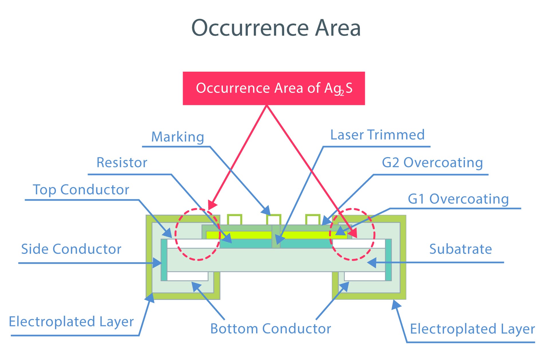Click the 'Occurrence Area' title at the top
point(276,28)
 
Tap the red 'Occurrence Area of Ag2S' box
point(274,88)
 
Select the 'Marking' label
point(178,137)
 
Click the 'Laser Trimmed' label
point(377,135)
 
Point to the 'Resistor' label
point(122,163)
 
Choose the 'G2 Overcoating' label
point(432,163)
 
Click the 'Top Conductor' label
point(81,190)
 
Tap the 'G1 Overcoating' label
point(458,199)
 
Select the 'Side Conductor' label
point(71,249)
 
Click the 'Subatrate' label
point(461,249)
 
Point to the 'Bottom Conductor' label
point(271,328)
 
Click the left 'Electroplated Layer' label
point(71,322)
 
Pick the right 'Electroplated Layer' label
point(472,329)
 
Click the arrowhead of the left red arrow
point(212,205)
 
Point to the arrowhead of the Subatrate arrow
point(372,263)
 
